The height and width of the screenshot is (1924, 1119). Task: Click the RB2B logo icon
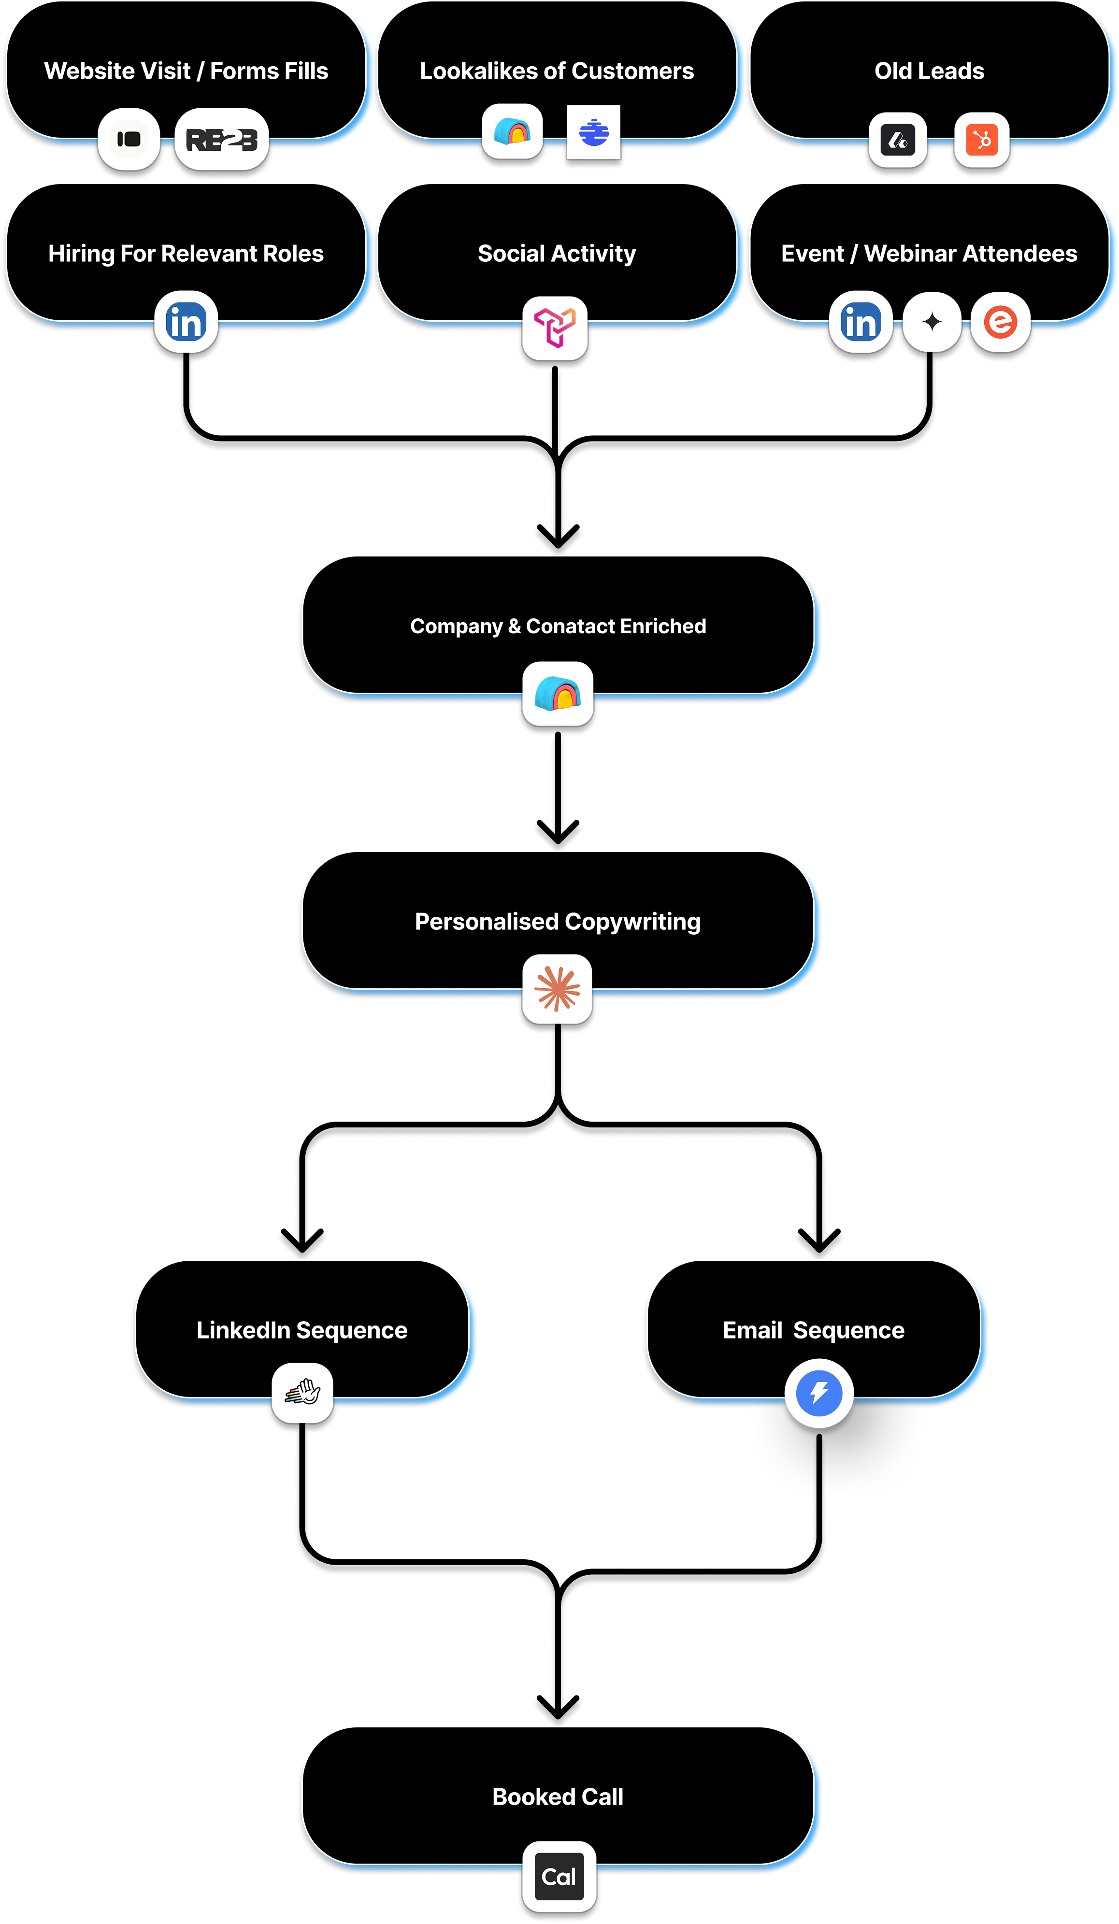221,140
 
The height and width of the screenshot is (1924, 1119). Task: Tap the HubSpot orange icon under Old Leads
981,140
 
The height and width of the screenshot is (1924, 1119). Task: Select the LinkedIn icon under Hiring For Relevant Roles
186,321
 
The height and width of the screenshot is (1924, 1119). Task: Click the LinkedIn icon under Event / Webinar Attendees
861,321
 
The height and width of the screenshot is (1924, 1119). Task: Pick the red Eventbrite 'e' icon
1000,321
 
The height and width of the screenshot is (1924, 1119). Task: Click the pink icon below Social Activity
555,327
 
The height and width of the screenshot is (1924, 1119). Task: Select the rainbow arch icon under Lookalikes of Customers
513,132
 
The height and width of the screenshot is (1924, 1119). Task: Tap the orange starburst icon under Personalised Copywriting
558,989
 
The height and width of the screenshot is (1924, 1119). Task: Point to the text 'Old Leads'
929,71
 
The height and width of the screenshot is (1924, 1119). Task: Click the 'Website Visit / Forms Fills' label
186,71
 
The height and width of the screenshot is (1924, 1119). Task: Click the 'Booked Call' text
558,1796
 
